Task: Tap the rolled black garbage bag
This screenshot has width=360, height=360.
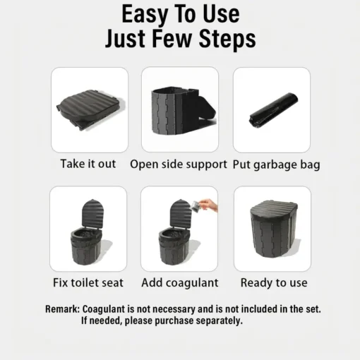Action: coord(273,109)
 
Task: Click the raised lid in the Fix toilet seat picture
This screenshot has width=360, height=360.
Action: coord(92,213)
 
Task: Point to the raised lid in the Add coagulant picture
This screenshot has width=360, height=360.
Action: coord(181,213)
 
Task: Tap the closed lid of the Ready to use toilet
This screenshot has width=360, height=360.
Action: coord(274,210)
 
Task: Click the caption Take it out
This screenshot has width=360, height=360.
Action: coord(88,164)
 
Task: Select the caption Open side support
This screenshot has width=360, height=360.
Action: coord(179,164)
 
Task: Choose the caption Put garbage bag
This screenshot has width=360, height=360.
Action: coord(276,164)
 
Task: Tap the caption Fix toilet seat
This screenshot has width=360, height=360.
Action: coord(88,282)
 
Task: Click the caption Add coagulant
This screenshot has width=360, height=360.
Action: coord(180,283)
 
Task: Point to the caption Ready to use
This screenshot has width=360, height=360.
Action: coord(274,283)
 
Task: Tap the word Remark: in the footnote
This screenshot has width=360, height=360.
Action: coord(63,309)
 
